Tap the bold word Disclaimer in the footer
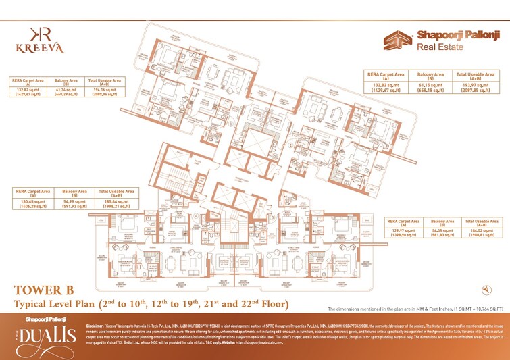[99, 325]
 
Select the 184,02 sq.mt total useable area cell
[482, 230]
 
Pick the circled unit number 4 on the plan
[196, 216]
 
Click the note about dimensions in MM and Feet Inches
[414, 307]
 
